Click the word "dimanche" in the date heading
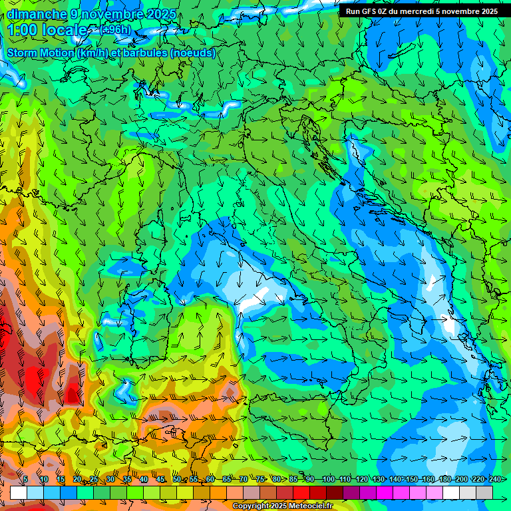tap(37, 14)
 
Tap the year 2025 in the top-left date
tap(158, 14)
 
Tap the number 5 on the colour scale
tap(25, 480)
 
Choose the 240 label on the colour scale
tap(494, 480)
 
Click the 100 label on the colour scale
tap(327, 480)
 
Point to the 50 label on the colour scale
tap(177, 480)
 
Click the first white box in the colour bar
tap(19, 492)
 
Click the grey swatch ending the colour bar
tap(484, 492)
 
